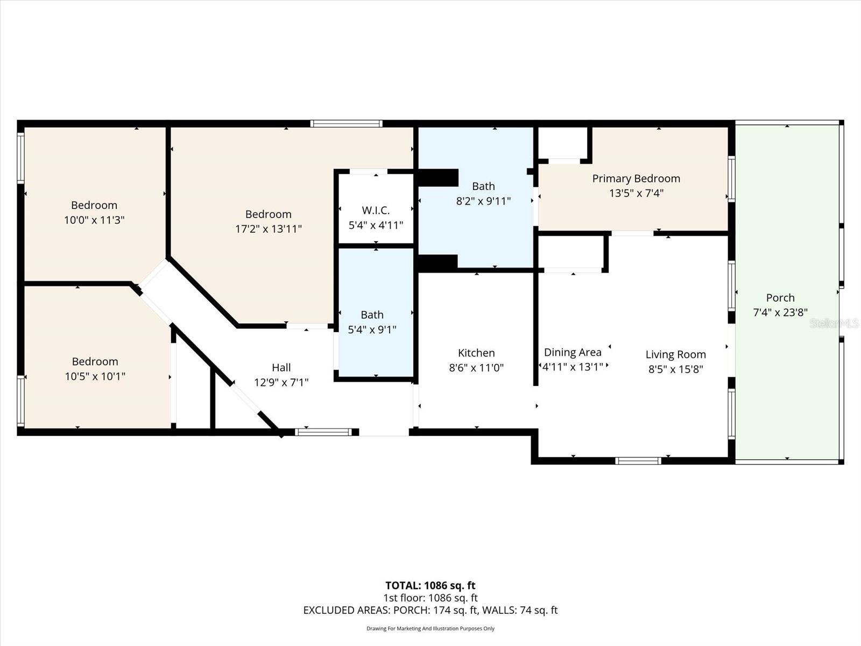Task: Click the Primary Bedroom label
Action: click(636, 179)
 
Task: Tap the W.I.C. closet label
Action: click(376, 210)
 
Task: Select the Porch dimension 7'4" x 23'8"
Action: click(780, 312)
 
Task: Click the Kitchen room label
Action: click(476, 353)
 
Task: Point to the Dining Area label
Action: click(573, 353)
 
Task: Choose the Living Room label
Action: click(675, 355)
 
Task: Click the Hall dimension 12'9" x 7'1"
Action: click(281, 383)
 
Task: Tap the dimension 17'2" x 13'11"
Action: click(269, 229)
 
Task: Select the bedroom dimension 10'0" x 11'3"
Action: click(94, 220)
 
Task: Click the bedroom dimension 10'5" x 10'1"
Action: click(95, 376)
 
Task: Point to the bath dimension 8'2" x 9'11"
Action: click(483, 201)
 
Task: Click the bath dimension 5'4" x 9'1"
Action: click(372, 329)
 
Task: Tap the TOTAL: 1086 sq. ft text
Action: click(430, 586)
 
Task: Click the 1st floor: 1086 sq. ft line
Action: click(430, 598)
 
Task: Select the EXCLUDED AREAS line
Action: click(430, 610)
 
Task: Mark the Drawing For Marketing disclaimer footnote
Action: click(430, 629)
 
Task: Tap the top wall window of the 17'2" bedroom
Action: click(347, 124)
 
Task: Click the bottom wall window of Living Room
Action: click(638, 461)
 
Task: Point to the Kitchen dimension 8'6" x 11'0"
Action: click(476, 368)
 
